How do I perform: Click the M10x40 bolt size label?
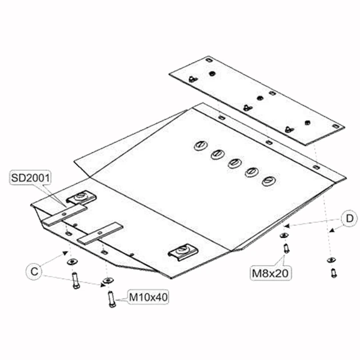click(147, 297)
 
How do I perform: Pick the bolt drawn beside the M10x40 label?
click(110, 298)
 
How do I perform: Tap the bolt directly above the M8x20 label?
click(286, 249)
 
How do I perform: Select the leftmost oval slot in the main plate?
click(200, 146)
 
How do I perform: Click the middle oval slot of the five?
click(234, 163)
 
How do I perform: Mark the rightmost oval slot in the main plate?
click(268, 181)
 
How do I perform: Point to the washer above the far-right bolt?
click(330, 260)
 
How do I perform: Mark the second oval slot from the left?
click(218, 154)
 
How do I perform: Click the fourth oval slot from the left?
click(251, 172)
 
